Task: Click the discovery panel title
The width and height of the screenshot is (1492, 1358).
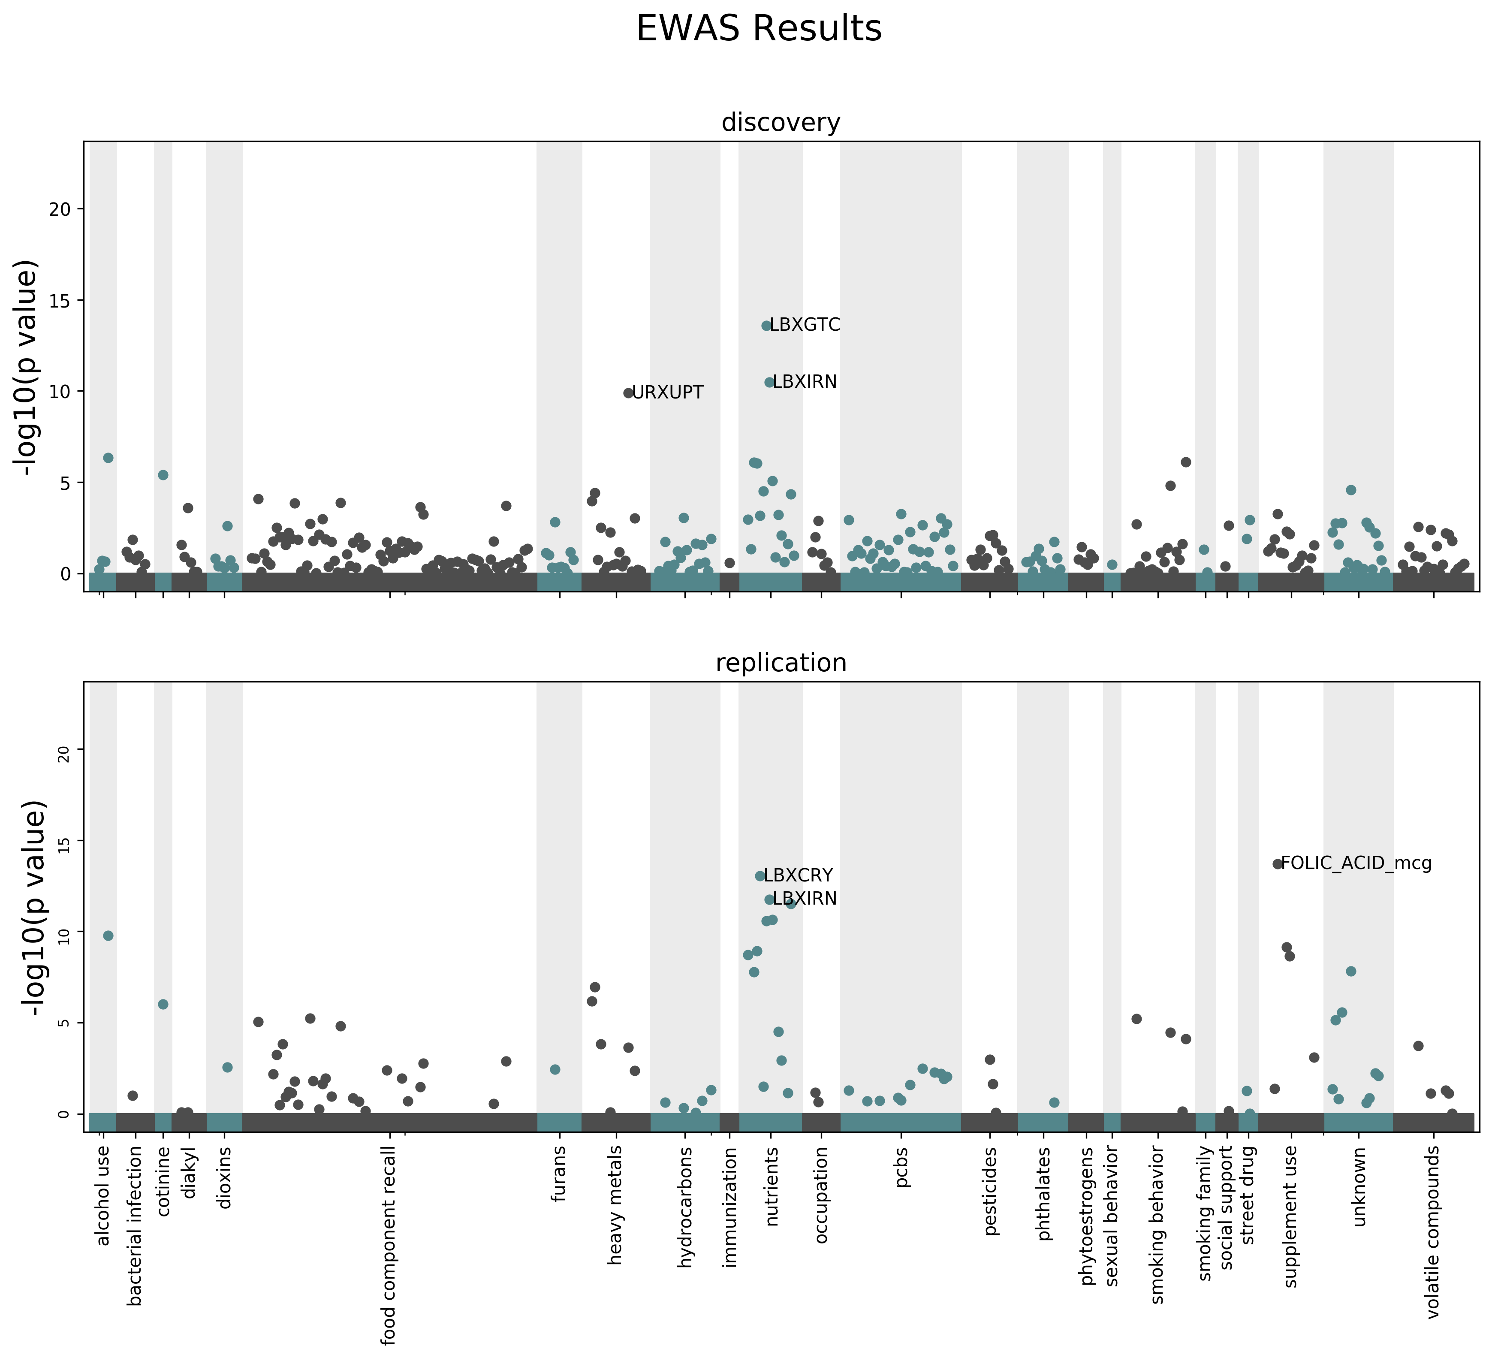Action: tap(781, 122)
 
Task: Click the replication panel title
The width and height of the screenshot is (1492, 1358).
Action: tap(781, 663)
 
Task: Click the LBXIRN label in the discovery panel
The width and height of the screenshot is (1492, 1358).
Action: tap(805, 382)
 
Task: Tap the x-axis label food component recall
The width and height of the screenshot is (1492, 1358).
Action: tap(389, 1244)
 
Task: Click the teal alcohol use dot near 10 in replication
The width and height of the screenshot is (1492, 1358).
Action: tap(108, 936)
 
